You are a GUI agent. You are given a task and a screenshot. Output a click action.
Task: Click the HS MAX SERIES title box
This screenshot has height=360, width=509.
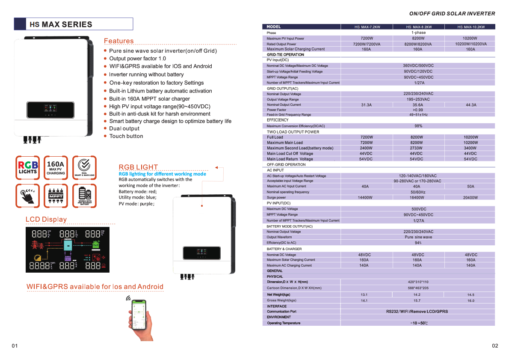coord(73,24)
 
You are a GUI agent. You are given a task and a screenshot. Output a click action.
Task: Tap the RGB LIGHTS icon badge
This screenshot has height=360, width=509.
coord(27,168)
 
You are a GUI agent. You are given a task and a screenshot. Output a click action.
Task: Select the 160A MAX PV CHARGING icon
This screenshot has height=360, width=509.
coord(56,168)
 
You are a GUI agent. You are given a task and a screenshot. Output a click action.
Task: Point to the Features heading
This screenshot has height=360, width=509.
coord(118,41)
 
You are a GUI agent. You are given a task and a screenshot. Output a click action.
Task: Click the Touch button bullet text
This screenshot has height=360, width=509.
coord(126,136)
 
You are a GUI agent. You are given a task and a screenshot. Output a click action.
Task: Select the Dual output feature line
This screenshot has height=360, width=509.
coord(124,128)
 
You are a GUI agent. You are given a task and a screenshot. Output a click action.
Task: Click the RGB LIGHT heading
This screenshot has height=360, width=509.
coord(138,167)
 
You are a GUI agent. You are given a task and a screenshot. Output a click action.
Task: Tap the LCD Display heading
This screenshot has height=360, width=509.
coord(46,219)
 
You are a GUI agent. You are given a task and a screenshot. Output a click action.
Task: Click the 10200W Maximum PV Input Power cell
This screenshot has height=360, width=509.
coord(470,39)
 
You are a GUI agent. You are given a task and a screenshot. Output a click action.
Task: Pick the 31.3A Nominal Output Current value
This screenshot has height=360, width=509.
coord(366,105)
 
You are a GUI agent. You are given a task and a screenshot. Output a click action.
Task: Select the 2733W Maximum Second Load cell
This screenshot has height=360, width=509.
coord(417,148)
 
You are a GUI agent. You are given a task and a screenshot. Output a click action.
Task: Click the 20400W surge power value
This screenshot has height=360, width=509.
coord(470,198)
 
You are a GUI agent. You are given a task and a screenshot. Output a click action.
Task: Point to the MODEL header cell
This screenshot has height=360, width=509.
coord(274,27)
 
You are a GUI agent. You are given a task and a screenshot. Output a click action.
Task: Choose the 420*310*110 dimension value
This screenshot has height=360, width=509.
coord(418,282)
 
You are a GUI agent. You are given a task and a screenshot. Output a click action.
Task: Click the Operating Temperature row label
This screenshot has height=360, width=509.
coord(284,323)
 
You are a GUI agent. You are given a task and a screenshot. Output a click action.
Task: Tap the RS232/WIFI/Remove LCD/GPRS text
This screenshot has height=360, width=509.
coord(417,312)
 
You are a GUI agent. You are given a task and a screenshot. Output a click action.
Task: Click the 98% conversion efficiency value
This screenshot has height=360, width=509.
coord(418,126)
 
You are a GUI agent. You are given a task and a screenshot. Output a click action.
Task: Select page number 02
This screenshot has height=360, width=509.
coord(495,346)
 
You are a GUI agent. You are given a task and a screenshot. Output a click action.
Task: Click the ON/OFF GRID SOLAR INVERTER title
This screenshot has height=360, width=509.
coord(452,14)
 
